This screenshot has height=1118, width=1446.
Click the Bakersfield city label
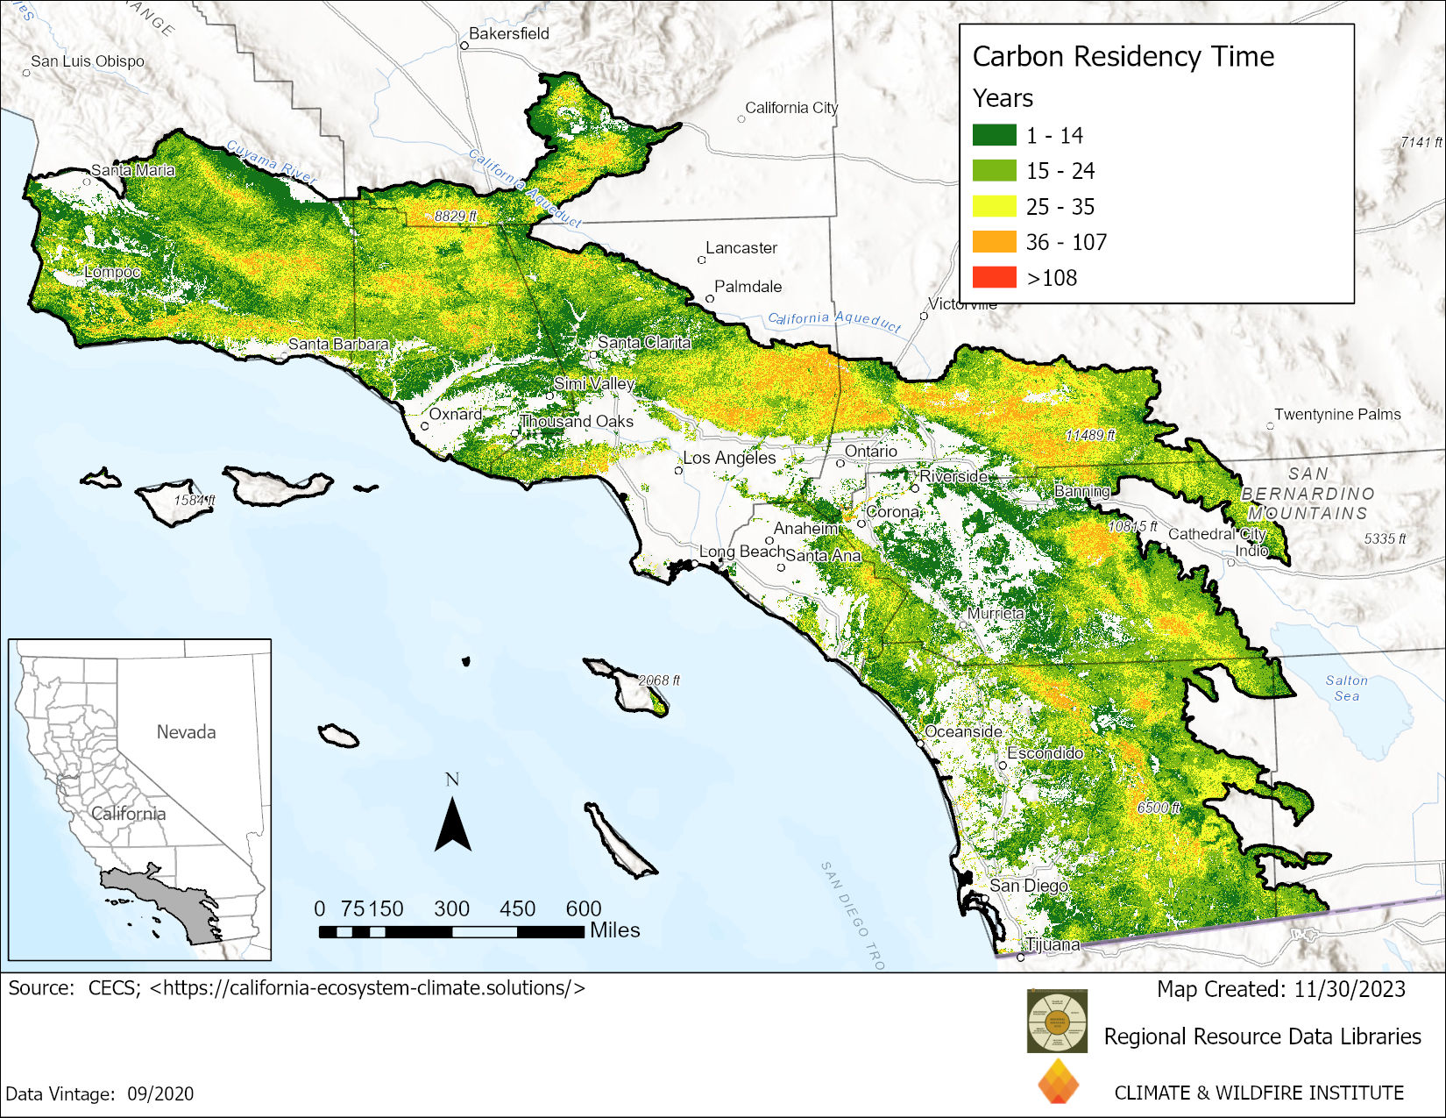(x=508, y=33)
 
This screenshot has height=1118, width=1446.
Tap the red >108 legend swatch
(x=994, y=277)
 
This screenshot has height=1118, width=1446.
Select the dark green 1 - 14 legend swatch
(x=994, y=135)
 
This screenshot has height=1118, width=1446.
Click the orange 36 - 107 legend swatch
(x=994, y=241)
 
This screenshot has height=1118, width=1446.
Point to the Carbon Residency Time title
(x=1123, y=56)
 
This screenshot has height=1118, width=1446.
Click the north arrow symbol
(x=452, y=823)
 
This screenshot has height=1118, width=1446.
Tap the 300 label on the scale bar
(x=451, y=908)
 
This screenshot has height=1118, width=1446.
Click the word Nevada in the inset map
(x=186, y=731)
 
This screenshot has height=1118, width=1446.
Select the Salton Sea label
(x=1346, y=687)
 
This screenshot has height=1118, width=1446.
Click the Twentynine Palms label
(x=1336, y=414)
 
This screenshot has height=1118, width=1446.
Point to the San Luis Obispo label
(x=87, y=61)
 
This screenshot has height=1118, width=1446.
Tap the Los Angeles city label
(x=729, y=458)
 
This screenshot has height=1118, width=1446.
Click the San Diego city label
(x=1029, y=886)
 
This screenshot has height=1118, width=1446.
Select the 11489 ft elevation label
(x=1089, y=435)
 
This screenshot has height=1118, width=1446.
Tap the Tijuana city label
(x=1053, y=944)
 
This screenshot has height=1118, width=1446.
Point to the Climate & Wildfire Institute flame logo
(x=1058, y=1081)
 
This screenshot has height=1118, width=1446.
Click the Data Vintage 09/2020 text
(x=100, y=1093)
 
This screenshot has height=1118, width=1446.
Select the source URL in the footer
(x=367, y=987)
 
